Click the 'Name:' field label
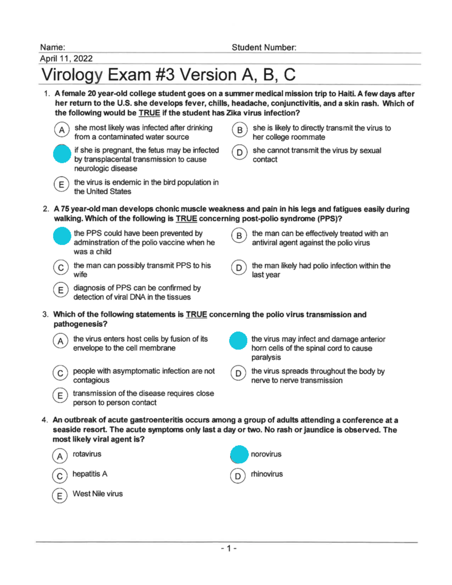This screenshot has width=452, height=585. tap(52, 47)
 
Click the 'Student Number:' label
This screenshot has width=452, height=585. tap(264, 47)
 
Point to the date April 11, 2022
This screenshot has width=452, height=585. tap(66, 59)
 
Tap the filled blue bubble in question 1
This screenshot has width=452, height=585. tap(62, 154)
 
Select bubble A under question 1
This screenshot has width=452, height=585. tap(62, 130)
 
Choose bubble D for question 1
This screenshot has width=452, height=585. tap(240, 152)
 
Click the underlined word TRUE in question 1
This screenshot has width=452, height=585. tap(149, 113)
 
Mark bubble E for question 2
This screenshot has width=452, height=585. tap(61, 290)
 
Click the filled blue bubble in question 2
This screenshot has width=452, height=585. tap(62, 236)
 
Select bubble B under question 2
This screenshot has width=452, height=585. tap(239, 236)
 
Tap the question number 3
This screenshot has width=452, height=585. tap(45, 314)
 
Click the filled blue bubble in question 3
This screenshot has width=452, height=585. tap(238, 340)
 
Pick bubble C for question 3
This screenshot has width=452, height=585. tap(60, 373)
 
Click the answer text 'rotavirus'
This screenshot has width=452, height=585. tap(87, 454)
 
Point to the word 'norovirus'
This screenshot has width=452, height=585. tap(266, 454)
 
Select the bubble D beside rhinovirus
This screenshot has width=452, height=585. tap(238, 476)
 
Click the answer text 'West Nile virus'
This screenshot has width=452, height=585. tap(98, 494)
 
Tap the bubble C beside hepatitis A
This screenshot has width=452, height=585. tap(60, 476)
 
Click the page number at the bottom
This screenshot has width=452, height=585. tap(229, 548)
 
